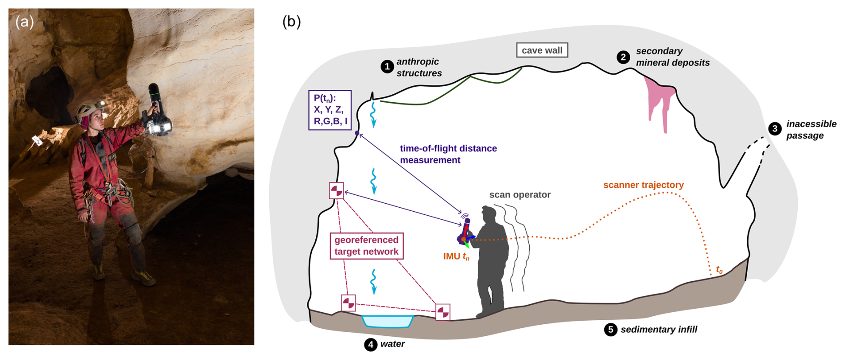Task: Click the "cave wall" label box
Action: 542,50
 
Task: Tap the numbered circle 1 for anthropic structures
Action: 387,67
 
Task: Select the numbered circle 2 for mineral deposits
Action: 623,57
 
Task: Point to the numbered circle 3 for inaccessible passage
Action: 775,129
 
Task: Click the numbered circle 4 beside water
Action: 370,344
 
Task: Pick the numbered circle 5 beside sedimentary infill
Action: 611,330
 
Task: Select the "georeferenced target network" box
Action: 366,246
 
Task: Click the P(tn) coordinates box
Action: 330,110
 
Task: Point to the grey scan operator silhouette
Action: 491,264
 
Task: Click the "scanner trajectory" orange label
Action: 643,185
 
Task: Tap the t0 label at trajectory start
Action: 719,270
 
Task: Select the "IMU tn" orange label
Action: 456,256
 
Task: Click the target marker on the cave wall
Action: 336,191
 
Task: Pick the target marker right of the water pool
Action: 443,312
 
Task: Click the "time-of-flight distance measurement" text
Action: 448,154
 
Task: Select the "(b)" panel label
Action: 292,21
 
